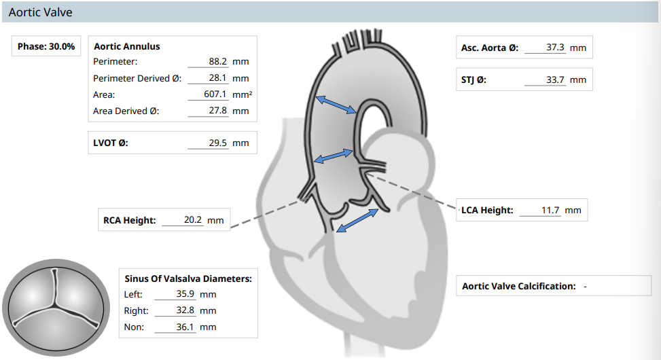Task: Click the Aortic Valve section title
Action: [x=41, y=13]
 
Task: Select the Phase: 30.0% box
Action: [x=46, y=46]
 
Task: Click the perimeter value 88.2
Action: [x=217, y=62]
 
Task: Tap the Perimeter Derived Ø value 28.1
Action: [x=217, y=78]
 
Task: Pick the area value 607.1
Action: [x=215, y=94]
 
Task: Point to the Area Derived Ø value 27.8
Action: [x=217, y=111]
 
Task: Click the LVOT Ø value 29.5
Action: [x=217, y=143]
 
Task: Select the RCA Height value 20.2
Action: [x=193, y=220]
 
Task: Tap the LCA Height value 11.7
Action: [x=550, y=210]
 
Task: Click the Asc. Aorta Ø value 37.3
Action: [x=555, y=48]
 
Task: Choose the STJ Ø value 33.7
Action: [x=555, y=79]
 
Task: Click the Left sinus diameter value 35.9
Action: [x=185, y=294]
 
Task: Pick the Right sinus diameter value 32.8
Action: [x=185, y=310]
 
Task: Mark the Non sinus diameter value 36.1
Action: [x=185, y=327]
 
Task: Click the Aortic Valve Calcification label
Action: [x=519, y=286]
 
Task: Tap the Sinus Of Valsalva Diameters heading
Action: [x=188, y=278]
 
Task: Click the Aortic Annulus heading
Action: [x=127, y=46]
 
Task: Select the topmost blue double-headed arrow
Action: [x=336, y=105]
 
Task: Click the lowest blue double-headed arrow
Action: [x=357, y=220]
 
